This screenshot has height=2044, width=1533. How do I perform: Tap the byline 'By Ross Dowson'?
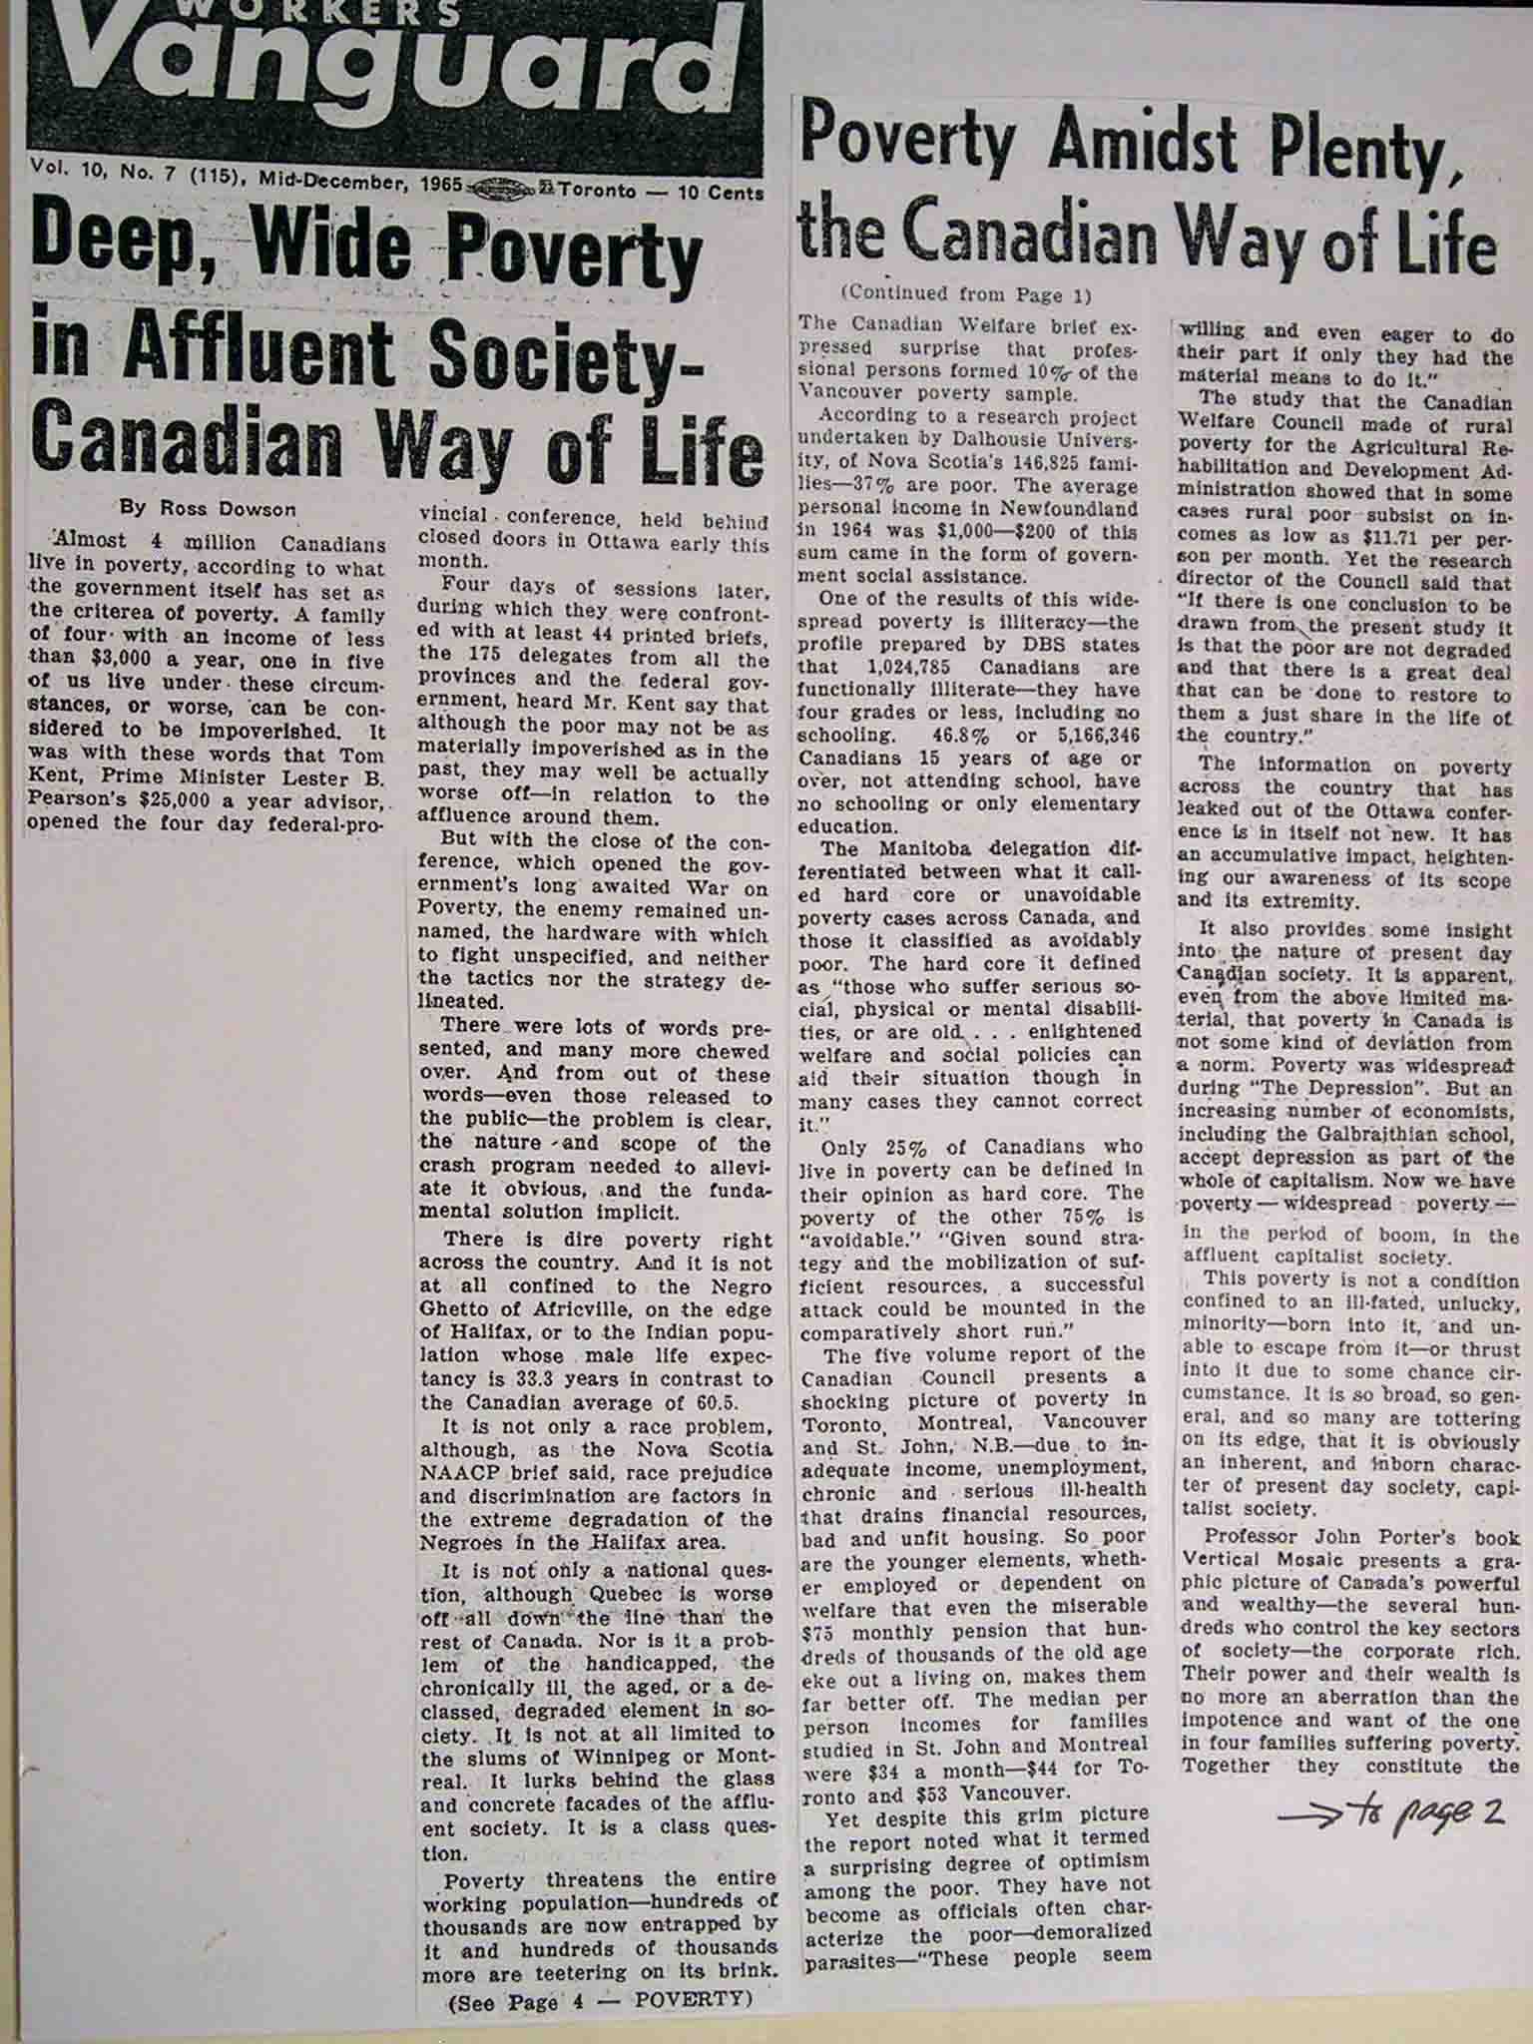click(208, 508)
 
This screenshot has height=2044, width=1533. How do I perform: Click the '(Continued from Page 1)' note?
click(966, 294)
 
